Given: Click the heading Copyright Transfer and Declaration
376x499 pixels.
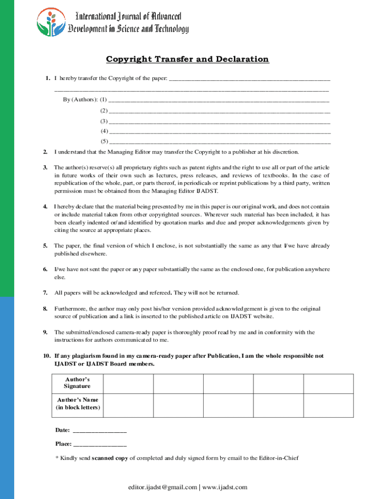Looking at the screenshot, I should (188, 59).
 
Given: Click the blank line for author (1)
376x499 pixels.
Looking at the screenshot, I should (219, 101).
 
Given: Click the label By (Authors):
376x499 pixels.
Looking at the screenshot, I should (80, 100).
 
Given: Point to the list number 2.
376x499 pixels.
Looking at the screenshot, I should (45, 152).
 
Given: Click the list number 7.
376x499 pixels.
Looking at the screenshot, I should (45, 293).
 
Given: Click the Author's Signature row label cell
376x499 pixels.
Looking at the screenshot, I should (77, 383).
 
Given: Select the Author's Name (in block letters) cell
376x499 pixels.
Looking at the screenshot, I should (77, 404).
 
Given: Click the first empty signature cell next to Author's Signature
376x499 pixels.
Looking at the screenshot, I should (128, 384).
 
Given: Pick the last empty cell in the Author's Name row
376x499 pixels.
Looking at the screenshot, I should (329, 404).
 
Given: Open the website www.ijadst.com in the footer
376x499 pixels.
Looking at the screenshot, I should (225, 487).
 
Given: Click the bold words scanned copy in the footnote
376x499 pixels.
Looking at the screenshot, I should (110, 458).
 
